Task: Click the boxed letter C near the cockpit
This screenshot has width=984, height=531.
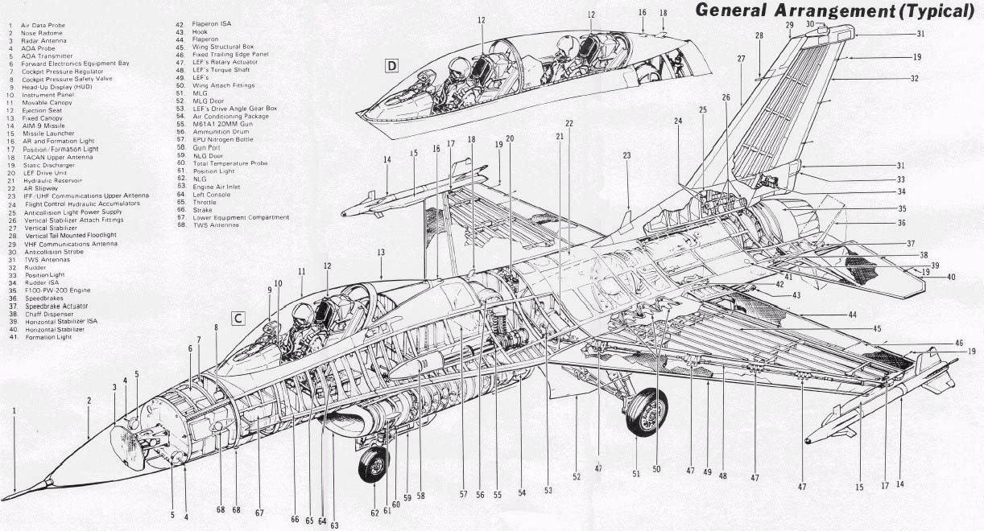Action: click(238, 317)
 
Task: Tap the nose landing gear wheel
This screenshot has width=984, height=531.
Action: click(374, 464)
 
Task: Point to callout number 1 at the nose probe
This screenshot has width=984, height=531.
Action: click(14, 410)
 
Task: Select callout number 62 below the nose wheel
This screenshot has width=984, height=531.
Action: click(374, 512)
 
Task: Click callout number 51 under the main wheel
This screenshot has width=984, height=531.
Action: click(636, 474)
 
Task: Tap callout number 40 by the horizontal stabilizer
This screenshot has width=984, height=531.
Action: click(951, 278)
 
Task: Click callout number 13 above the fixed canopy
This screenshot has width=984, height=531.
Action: click(380, 253)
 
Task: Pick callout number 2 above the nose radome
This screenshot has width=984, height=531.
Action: click(89, 400)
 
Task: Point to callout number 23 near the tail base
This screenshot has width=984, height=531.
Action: click(626, 155)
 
